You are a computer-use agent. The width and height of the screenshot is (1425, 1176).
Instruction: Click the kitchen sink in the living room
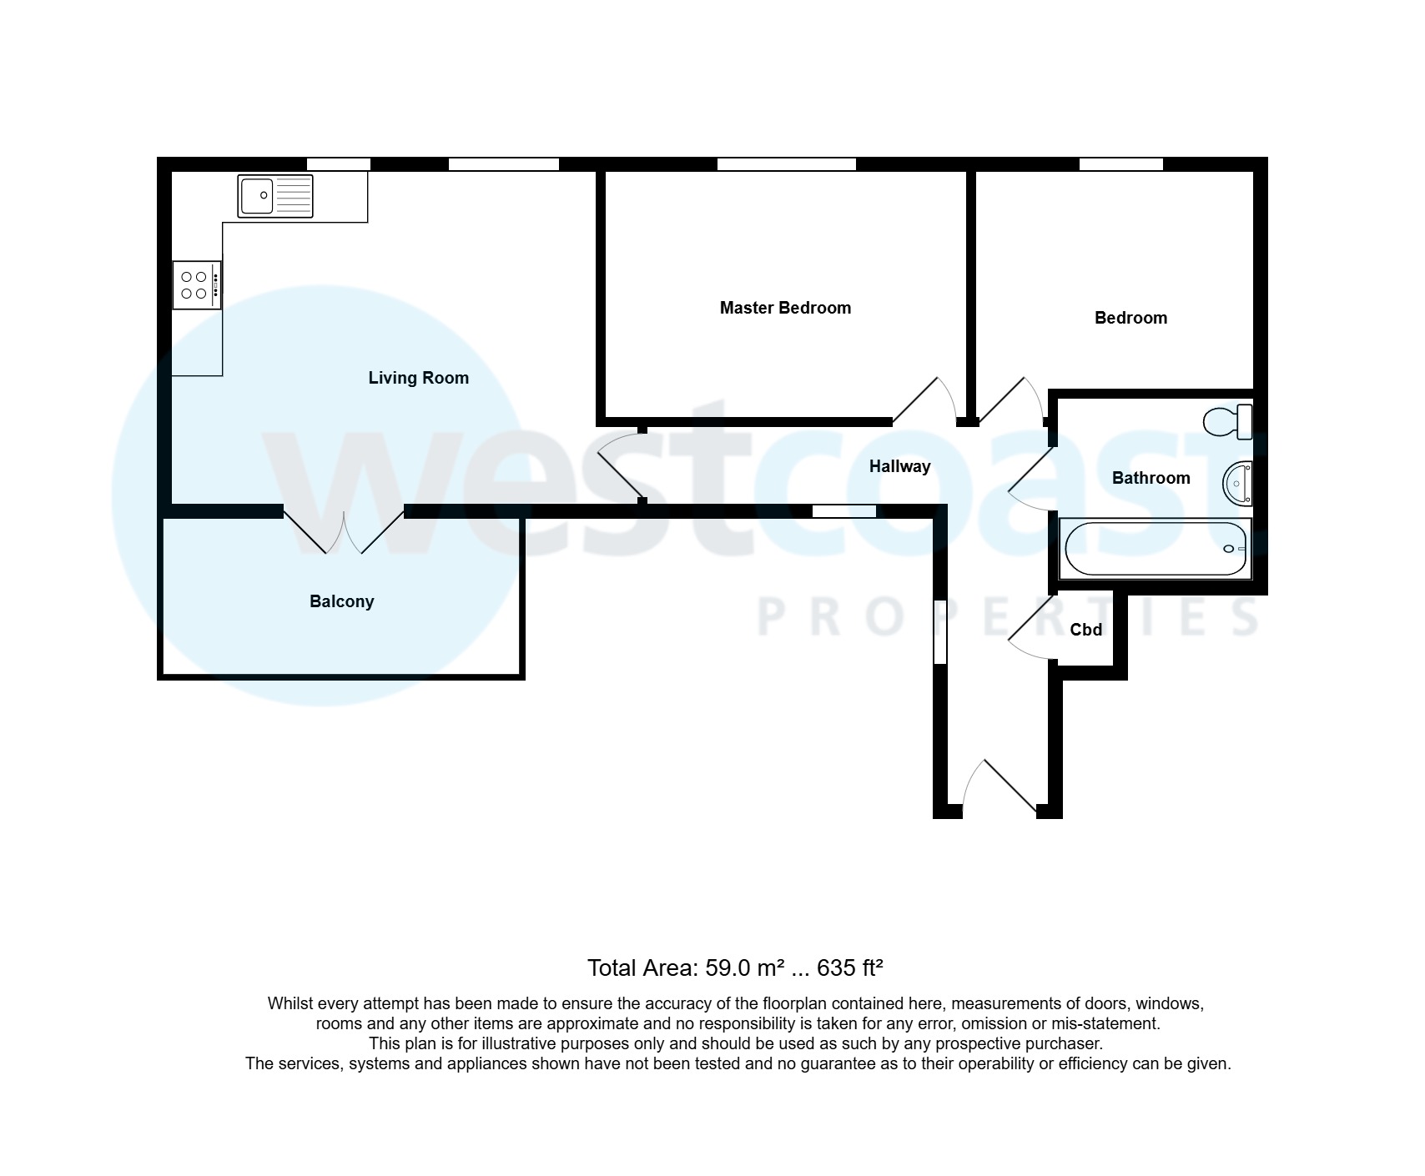point(275,196)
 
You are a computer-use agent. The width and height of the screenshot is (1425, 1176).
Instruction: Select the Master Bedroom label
point(785,308)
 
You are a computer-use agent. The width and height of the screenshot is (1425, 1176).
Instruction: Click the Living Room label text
point(418,378)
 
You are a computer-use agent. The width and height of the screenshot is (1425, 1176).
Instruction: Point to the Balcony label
point(341,601)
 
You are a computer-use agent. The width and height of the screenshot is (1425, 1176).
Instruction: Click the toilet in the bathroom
point(1229,421)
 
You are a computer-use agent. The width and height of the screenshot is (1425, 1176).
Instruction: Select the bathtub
point(1155,549)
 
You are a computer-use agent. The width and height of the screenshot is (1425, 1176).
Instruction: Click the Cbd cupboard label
point(1085,630)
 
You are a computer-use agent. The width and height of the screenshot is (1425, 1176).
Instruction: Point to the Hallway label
point(899,466)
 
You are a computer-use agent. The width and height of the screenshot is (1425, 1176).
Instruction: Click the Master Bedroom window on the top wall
point(786,164)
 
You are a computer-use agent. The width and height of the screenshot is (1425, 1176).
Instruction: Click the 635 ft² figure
point(849,967)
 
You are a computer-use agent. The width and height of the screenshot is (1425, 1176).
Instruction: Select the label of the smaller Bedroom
point(1130,318)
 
